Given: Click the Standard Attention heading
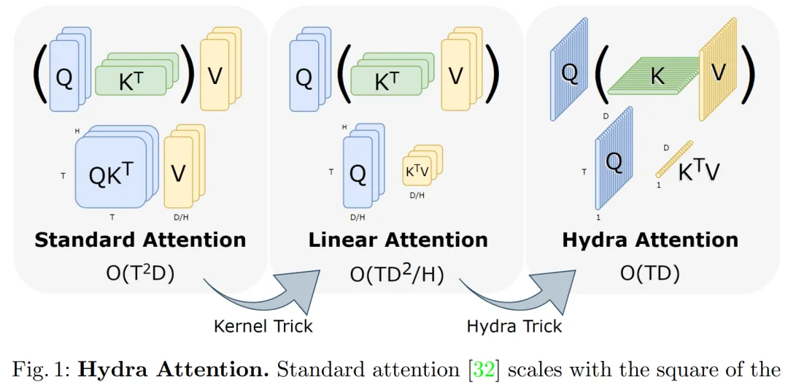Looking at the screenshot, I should [140, 240].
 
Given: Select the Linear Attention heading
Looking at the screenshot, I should [398, 240].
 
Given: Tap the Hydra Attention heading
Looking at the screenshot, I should [649, 240].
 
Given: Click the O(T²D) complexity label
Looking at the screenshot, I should [140, 273].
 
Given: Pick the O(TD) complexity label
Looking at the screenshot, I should [649, 273].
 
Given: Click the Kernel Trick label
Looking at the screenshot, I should [263, 326].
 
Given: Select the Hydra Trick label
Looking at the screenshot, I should [514, 326].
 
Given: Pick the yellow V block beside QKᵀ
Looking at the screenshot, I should [179, 172].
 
